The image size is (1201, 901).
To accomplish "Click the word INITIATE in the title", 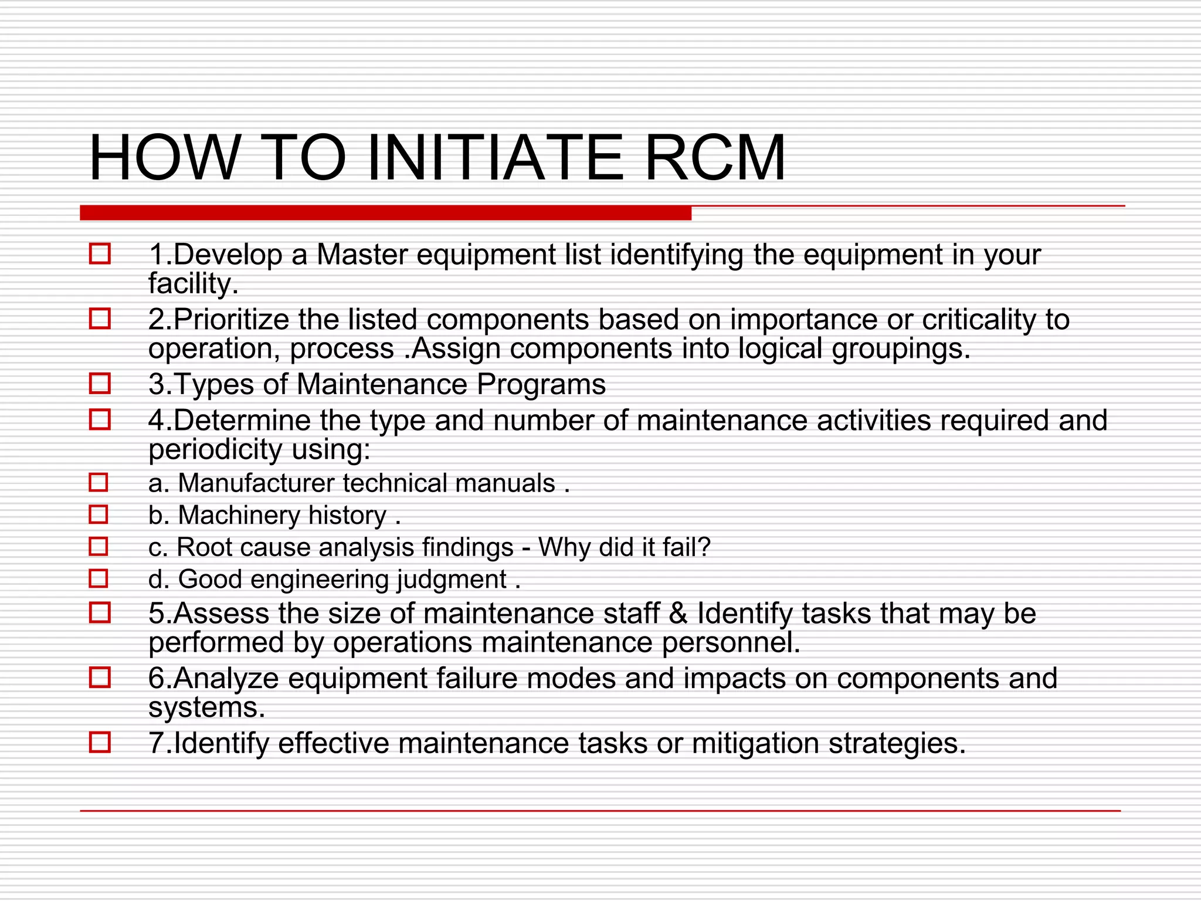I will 495,158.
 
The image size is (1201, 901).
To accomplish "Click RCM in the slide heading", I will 715,158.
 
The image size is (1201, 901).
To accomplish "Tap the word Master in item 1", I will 362,255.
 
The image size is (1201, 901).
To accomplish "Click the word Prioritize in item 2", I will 230,320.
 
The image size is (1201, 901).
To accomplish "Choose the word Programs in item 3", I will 541,385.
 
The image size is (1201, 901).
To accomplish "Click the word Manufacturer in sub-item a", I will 256,483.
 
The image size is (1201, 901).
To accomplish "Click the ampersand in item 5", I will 678,614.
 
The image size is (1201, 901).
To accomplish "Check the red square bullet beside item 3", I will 100,384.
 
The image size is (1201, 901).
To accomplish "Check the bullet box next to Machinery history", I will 99,514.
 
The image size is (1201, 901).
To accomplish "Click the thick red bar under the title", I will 385,213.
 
